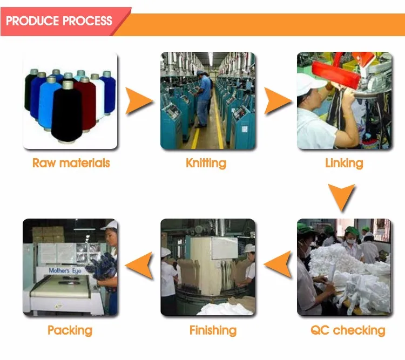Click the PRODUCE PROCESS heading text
(x=59, y=21)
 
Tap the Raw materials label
(x=71, y=163)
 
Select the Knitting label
(x=206, y=163)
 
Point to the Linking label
(x=344, y=163)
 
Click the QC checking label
(x=348, y=330)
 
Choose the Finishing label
(x=213, y=330)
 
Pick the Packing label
(x=70, y=330)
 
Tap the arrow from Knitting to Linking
(x=276, y=101)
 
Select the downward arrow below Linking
(x=342, y=198)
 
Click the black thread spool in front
(x=67, y=111)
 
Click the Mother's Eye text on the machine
(x=66, y=270)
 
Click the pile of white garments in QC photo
(x=351, y=270)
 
